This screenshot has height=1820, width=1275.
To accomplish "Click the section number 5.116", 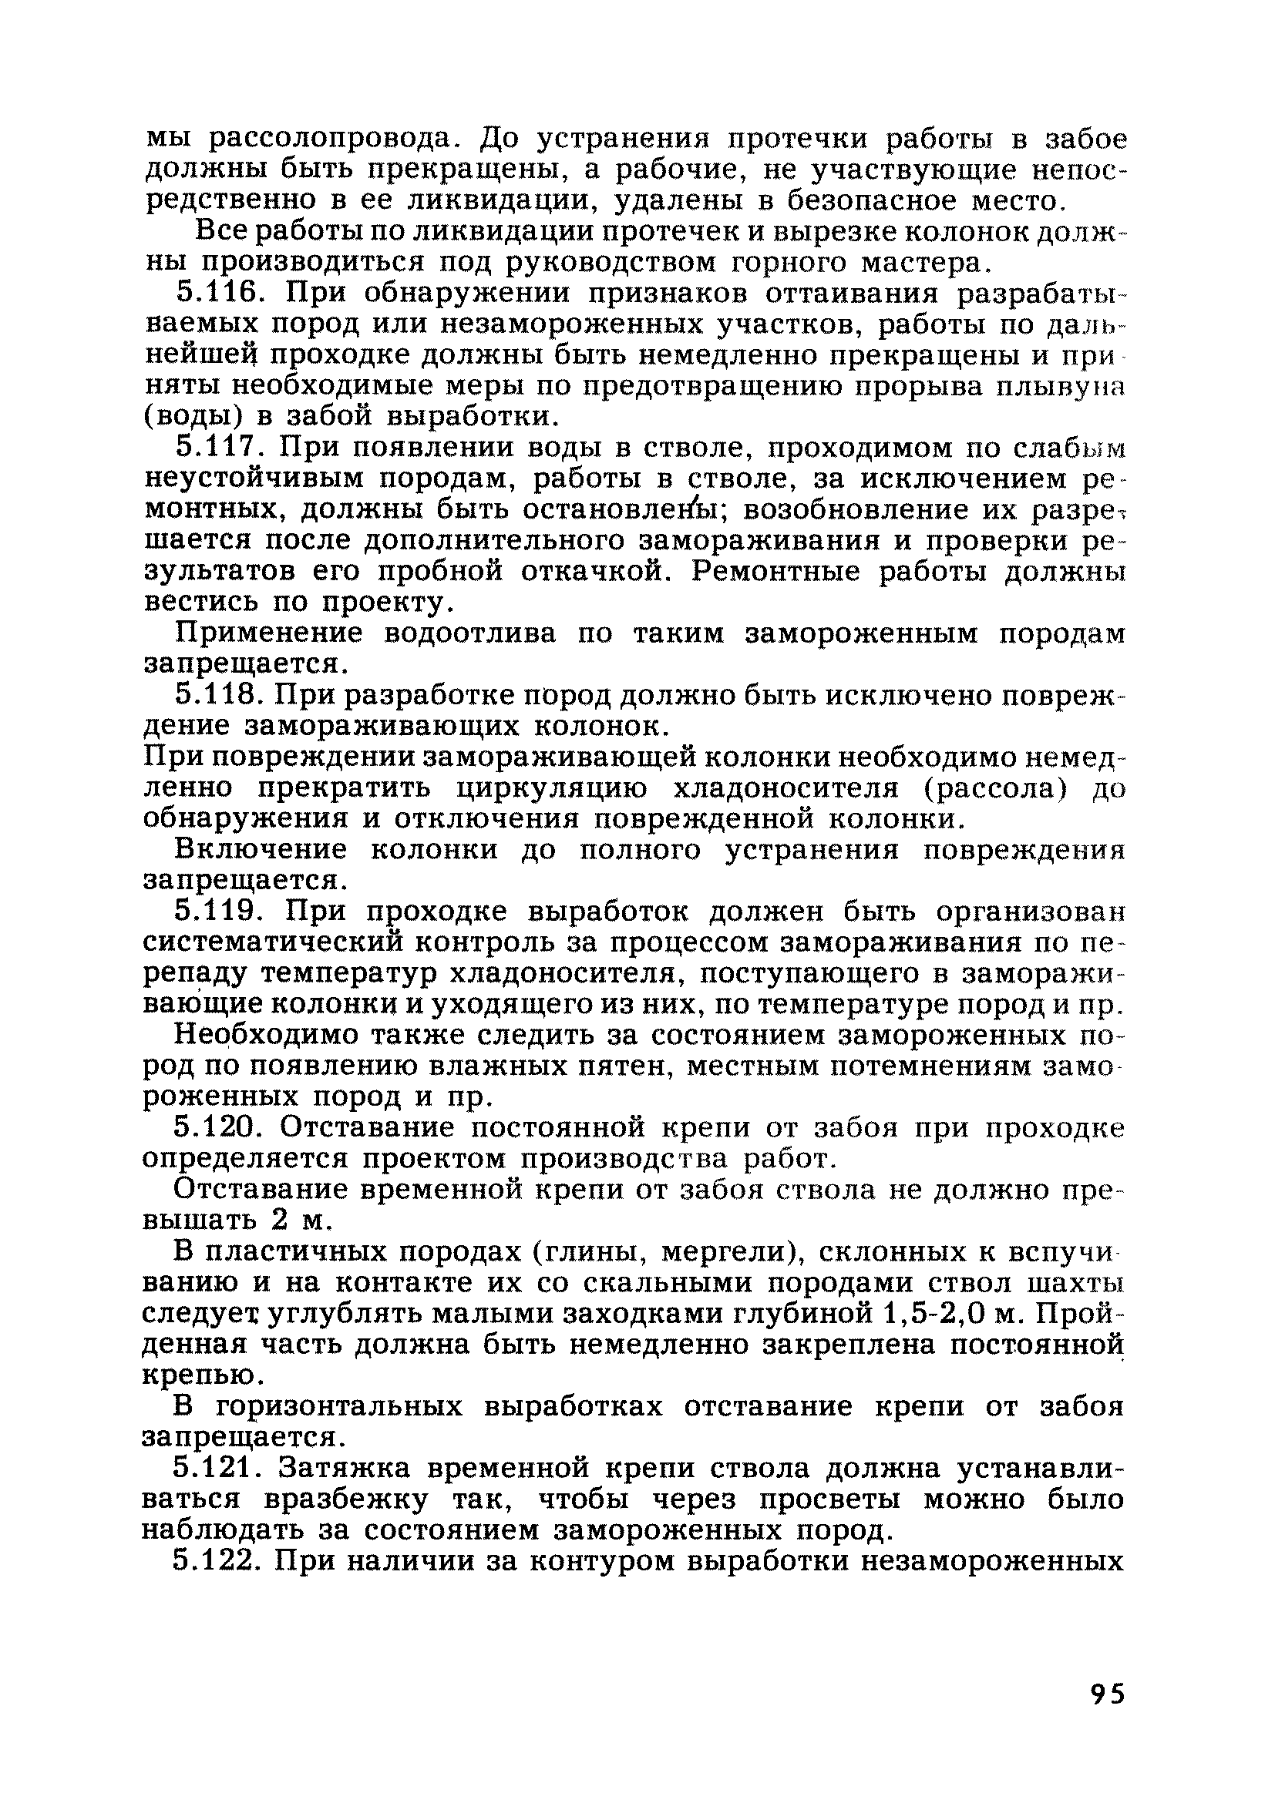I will tap(220, 294).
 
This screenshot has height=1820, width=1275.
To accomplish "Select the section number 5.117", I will tap(220, 448).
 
